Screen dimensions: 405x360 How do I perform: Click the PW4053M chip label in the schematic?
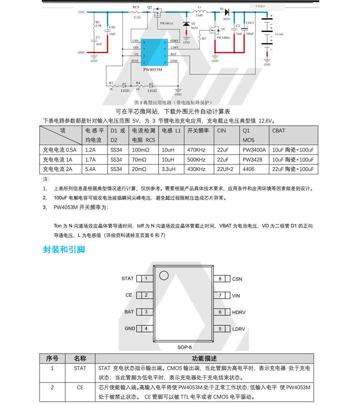[x=153, y=69]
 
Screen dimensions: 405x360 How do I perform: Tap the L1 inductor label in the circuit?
[x=199, y=7]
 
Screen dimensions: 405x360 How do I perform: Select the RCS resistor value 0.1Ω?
[x=137, y=17]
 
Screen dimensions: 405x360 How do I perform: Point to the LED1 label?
[x=125, y=90]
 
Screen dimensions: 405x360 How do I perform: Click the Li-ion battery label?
[x=280, y=34]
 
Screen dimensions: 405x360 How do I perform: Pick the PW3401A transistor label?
[x=166, y=23]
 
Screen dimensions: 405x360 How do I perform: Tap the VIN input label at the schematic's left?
[x=81, y=12]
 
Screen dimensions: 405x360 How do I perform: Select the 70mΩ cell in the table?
[x=139, y=159]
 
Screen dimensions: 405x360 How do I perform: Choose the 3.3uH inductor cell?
[x=169, y=169]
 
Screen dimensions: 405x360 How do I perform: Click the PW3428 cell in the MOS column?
[x=252, y=159]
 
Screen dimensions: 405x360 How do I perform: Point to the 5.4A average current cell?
[x=90, y=169]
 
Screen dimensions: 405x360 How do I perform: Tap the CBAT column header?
[x=279, y=131]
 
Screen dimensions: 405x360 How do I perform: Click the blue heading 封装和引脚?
[x=64, y=250]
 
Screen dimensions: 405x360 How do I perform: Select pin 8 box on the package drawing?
[x=220, y=279]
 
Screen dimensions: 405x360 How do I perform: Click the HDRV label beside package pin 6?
[x=239, y=312]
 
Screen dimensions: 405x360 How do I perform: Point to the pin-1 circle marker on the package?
[x=164, y=276]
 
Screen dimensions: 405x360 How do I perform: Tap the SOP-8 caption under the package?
[x=185, y=347]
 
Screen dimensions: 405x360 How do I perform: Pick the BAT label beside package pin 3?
[x=129, y=312]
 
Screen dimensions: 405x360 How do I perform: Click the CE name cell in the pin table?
[x=80, y=388]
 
